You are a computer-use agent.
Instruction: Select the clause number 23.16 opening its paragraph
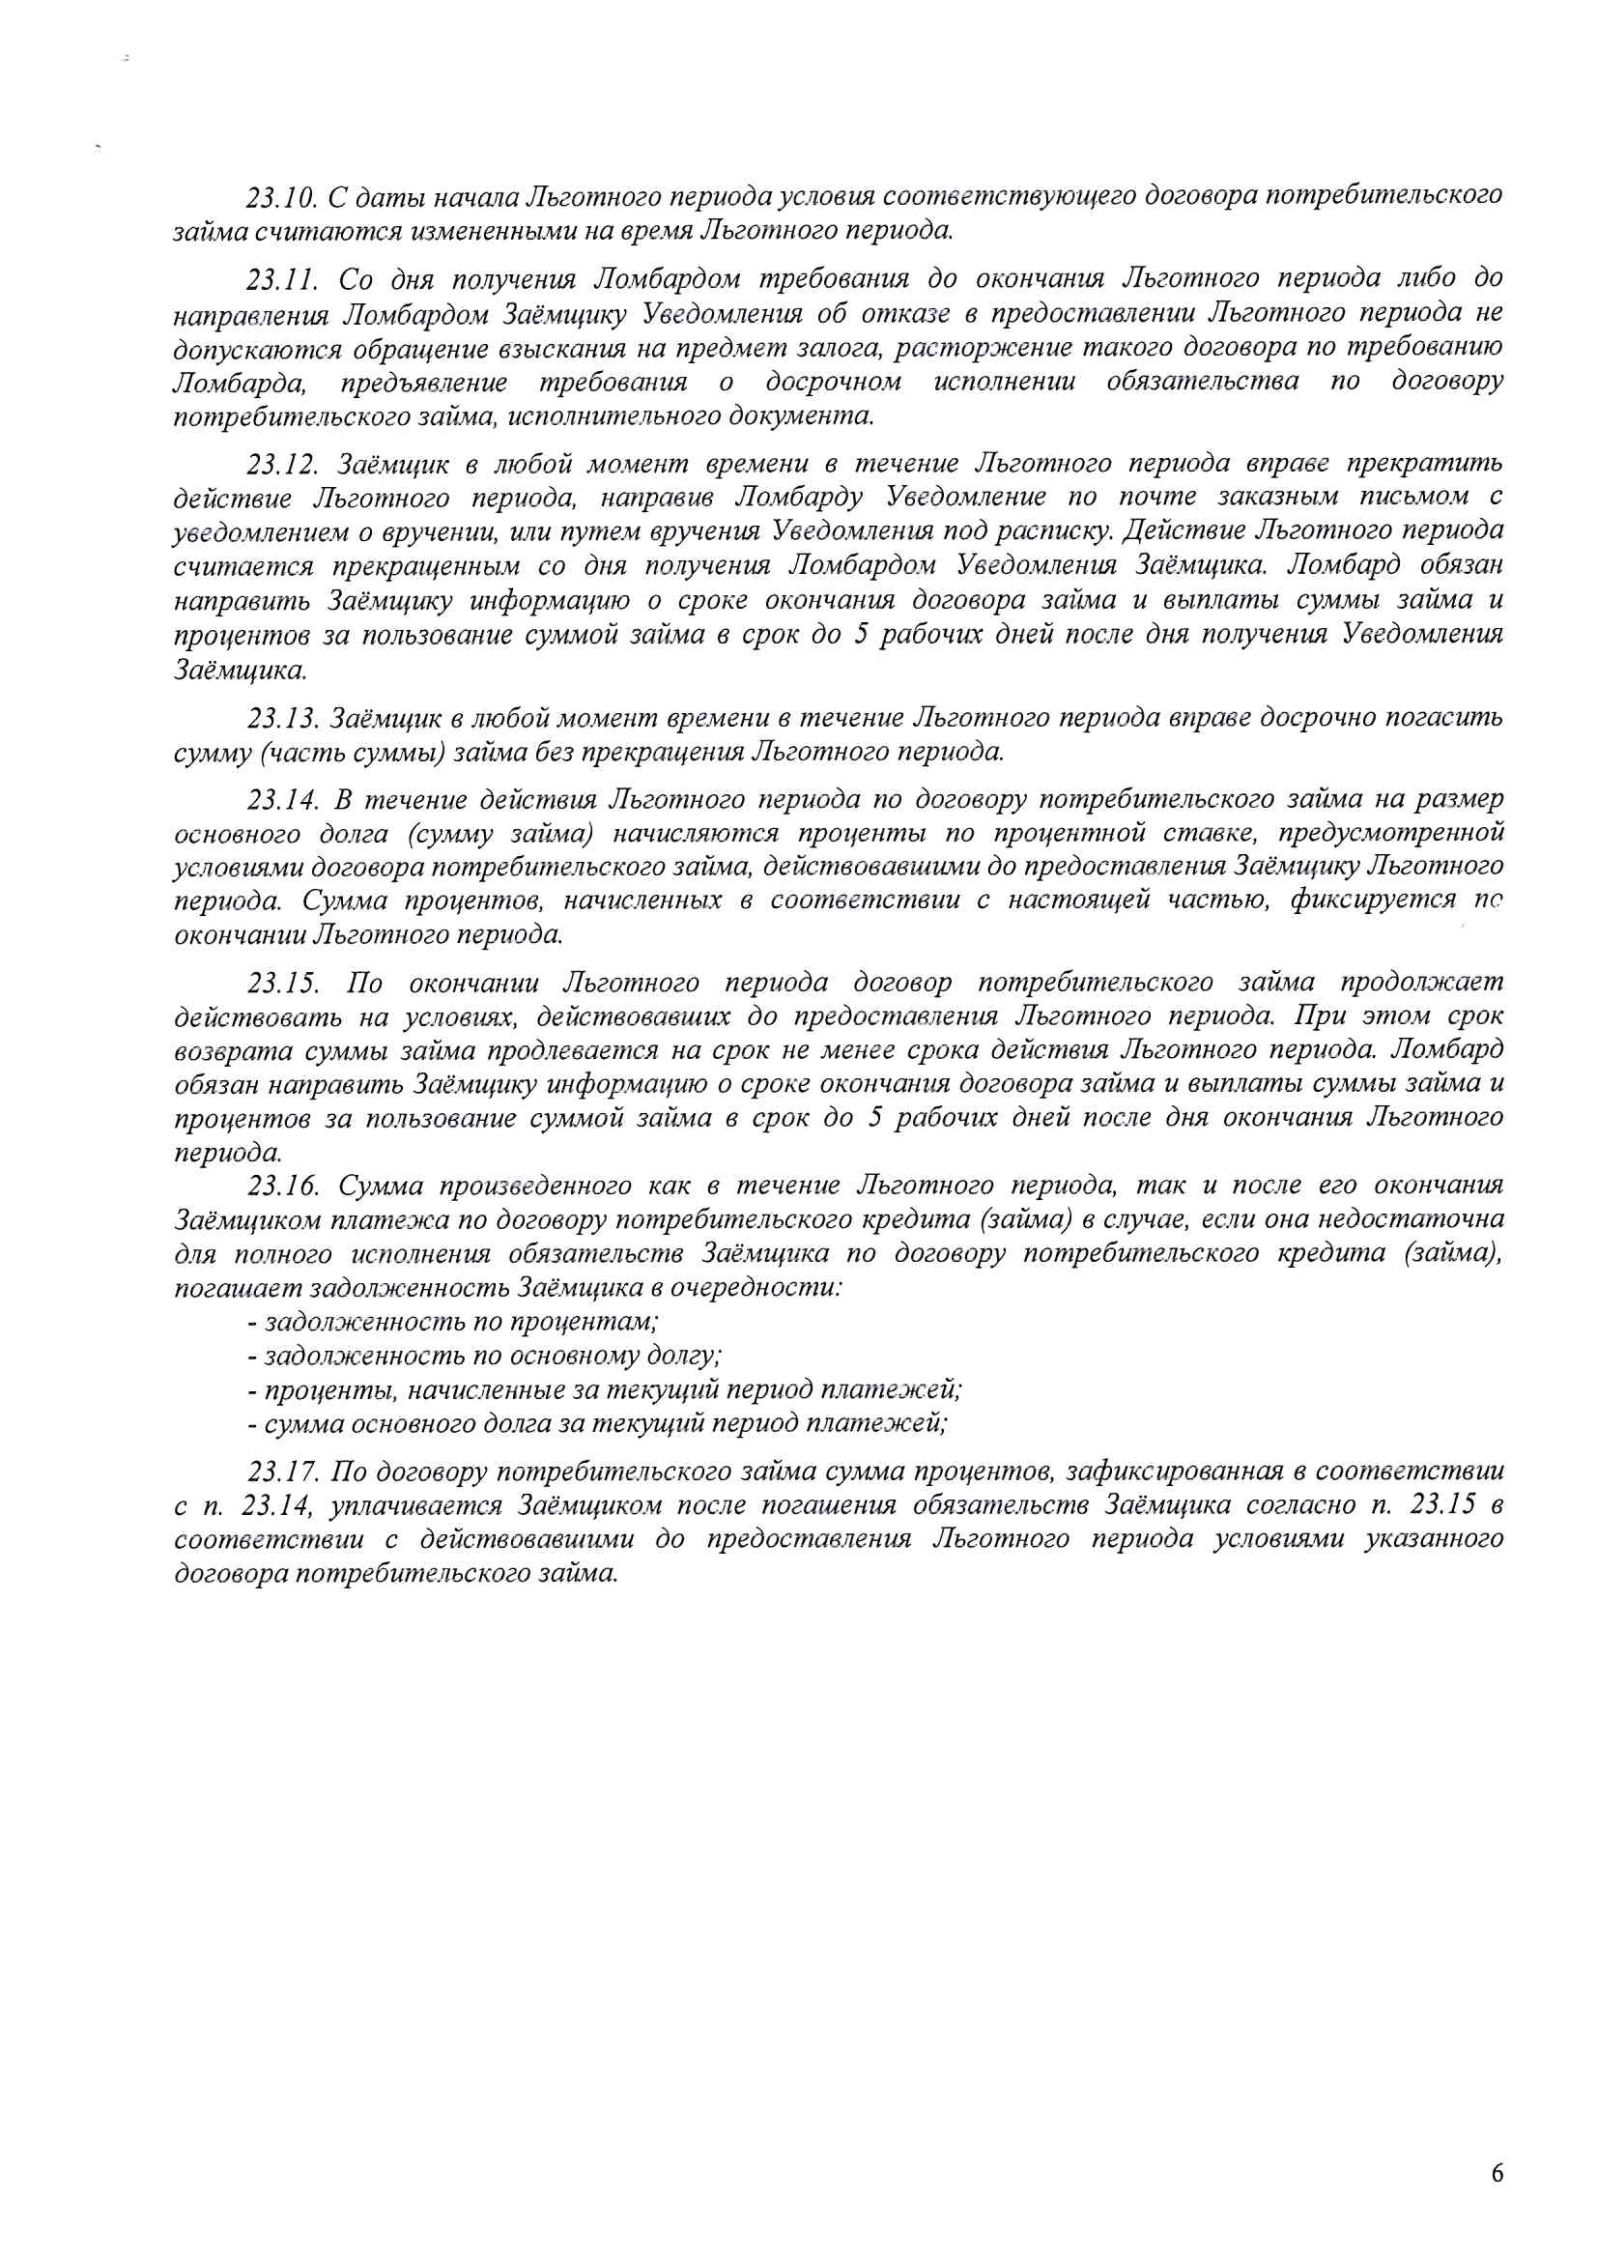(x=280, y=1186)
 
